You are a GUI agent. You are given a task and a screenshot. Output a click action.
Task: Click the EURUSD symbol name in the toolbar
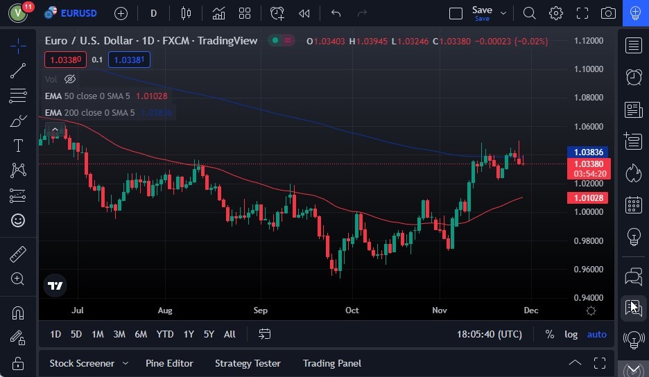click(78, 13)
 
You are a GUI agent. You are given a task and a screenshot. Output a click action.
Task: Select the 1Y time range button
click(189, 334)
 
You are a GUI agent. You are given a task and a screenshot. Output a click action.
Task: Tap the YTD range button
click(165, 334)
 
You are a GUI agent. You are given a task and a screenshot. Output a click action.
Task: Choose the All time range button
click(230, 334)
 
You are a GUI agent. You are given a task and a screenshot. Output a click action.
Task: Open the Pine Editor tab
click(169, 363)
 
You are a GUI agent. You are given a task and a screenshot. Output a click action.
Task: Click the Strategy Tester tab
click(248, 363)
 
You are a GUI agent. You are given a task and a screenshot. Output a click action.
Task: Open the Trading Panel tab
click(331, 363)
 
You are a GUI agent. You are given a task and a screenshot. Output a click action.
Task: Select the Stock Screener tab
click(82, 363)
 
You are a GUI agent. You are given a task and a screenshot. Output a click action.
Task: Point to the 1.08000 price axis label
click(589, 98)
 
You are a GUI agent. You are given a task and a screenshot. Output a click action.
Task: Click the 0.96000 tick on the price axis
click(589, 270)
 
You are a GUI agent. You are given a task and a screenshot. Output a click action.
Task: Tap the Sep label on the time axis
click(260, 310)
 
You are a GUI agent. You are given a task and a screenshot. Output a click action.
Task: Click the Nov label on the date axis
click(440, 310)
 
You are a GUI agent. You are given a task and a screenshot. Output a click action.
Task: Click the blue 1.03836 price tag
click(588, 152)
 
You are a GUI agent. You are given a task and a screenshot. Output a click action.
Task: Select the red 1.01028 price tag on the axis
click(588, 198)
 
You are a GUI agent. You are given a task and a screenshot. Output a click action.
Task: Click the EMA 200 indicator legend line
click(90, 112)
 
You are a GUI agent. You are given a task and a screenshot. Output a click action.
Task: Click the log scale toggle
click(571, 334)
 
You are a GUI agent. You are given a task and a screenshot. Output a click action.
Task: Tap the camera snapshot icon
click(608, 13)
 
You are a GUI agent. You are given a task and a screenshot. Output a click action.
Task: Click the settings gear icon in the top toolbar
click(555, 13)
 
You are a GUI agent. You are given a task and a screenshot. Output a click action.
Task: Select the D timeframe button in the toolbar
click(153, 13)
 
